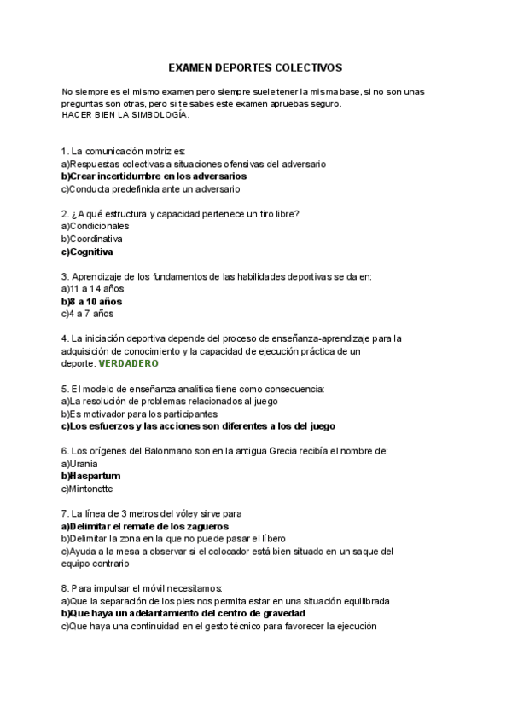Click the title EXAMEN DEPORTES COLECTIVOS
[255, 66]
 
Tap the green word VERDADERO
[128, 363]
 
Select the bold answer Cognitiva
[90, 252]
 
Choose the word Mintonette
[90, 489]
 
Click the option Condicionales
[98, 226]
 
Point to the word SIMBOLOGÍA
[160, 114]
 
